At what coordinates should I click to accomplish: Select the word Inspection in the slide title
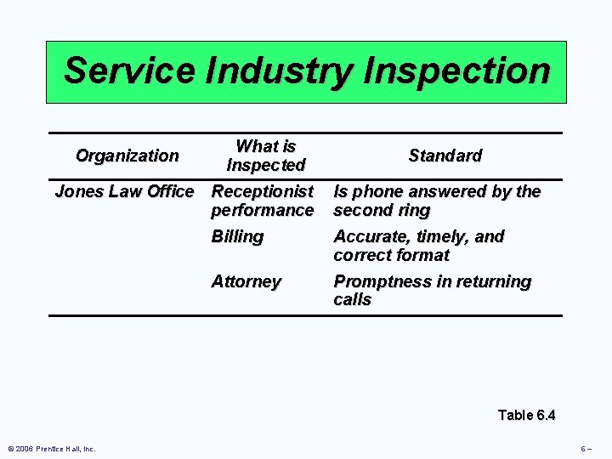click(x=456, y=71)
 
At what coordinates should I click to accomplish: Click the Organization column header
click(x=127, y=156)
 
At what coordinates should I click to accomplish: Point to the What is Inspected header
click(x=266, y=156)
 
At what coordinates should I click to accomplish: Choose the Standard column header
click(x=445, y=156)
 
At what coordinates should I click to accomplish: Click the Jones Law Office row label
click(x=124, y=192)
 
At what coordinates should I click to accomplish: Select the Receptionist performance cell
click(x=263, y=201)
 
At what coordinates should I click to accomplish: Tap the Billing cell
click(x=237, y=236)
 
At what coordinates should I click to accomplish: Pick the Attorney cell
click(x=246, y=281)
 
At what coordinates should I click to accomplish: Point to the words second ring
click(x=382, y=210)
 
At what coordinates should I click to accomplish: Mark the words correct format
click(x=392, y=255)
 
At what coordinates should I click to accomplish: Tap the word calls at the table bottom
click(x=353, y=300)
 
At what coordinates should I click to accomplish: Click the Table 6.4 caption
click(x=526, y=415)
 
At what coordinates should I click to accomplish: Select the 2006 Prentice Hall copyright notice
click(x=52, y=449)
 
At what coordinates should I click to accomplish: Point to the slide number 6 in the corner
click(x=586, y=449)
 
